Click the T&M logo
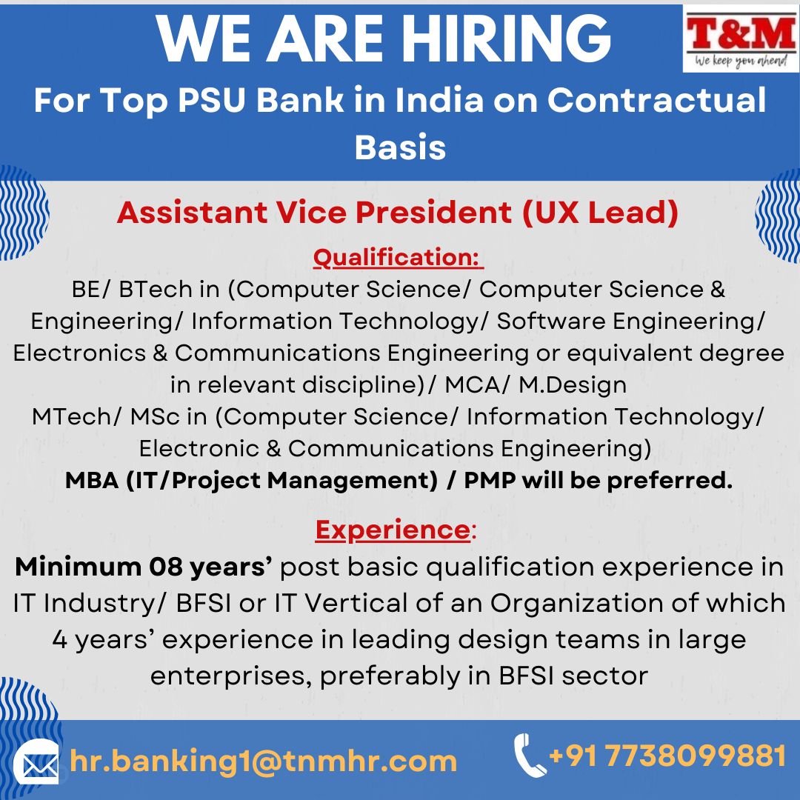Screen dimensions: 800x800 [x=741, y=39]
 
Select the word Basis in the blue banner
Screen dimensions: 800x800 [x=400, y=147]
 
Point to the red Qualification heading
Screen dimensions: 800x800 [x=398, y=257]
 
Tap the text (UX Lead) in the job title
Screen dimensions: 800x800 [x=600, y=213]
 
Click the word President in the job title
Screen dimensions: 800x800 [x=433, y=213]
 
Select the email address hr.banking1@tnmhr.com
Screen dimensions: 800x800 [x=263, y=761]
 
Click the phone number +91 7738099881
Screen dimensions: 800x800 [x=667, y=756]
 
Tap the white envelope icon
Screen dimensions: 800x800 [x=36, y=761]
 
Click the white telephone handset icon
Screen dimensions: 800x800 [x=529, y=755]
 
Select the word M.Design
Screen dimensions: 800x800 [x=573, y=384]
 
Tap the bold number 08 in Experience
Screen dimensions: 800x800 [x=166, y=567]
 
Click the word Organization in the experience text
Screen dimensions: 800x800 [x=576, y=603]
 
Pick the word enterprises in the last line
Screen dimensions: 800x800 [x=231, y=676]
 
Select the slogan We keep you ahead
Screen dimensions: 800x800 [x=741, y=61]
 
